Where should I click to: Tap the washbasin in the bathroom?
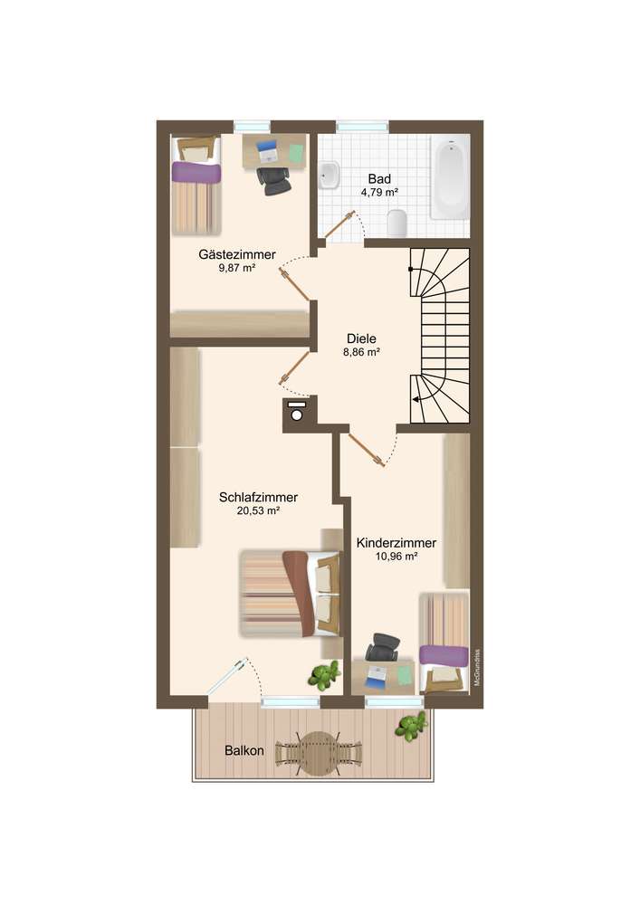pos(329,175)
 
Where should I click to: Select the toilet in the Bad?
pos(397,223)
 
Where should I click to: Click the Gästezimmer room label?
pos(237,254)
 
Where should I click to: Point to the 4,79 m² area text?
pos(379,193)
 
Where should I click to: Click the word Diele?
pos(362,338)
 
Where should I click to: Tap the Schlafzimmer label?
pos(259,497)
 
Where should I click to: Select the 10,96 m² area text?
pos(396,557)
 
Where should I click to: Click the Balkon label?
pos(244,751)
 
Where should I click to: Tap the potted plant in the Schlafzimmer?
pos(324,675)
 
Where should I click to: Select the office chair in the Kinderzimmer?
pos(382,647)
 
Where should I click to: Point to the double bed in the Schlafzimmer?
pos(291,594)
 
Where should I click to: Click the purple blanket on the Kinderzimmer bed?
pos(444,654)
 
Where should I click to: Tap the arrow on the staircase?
pos(419,399)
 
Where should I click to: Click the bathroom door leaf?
pos(339,225)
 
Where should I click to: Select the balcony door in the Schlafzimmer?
pos(228,676)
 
